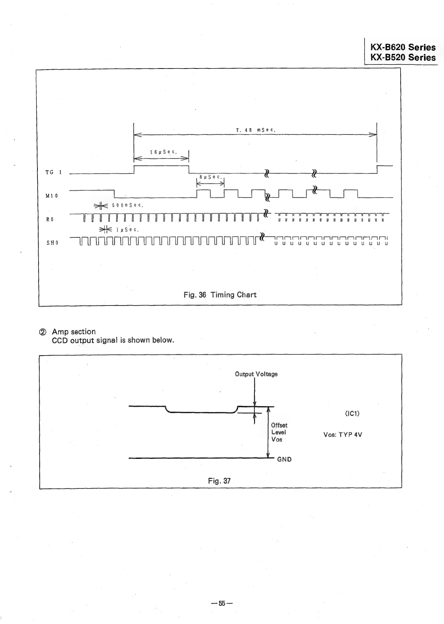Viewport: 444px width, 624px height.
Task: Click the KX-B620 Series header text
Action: [403, 47]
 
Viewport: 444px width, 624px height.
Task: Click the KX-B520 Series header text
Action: [403, 57]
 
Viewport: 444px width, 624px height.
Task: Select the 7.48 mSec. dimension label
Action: [255, 130]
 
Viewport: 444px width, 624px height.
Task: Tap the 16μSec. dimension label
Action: [163, 152]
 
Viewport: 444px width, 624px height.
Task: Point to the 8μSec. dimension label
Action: [210, 177]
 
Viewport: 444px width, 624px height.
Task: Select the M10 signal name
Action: [52, 196]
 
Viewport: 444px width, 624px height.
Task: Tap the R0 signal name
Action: [50, 219]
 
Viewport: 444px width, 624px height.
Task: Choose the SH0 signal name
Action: [52, 243]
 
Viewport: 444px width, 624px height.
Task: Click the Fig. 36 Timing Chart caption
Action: [220, 295]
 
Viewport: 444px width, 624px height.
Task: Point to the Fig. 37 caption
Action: [219, 481]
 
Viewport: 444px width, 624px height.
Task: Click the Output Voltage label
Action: [256, 374]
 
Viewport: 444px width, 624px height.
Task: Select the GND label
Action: [285, 460]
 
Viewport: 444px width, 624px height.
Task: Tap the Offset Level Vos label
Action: [279, 432]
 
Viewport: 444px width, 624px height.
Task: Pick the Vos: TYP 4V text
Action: [343, 435]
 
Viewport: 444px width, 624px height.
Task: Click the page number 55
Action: [222, 603]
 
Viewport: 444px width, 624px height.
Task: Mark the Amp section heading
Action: [73, 331]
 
